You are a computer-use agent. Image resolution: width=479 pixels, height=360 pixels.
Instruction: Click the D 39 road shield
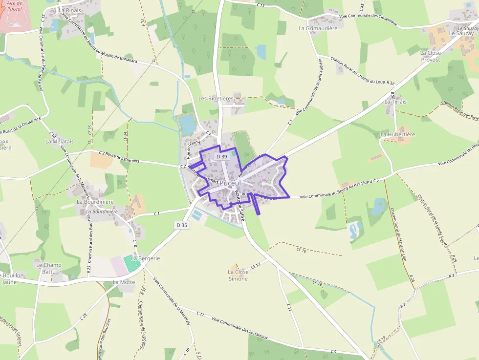point(221,156)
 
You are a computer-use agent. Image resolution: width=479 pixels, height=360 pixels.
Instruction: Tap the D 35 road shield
point(181,225)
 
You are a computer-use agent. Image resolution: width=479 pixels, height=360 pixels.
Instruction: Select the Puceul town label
point(230,183)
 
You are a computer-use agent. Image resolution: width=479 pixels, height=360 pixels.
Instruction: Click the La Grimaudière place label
point(318,28)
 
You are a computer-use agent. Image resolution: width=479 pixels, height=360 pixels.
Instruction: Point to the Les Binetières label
point(216,98)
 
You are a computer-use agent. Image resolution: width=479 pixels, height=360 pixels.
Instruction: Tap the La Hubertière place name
point(397,134)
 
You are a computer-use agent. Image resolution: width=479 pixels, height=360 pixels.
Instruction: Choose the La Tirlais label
point(395,102)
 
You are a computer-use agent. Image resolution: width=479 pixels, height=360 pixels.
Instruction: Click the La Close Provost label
point(430,56)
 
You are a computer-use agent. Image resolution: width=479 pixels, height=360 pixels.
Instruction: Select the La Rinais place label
point(70,10)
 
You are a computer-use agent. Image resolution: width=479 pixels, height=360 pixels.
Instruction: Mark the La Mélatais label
point(60,141)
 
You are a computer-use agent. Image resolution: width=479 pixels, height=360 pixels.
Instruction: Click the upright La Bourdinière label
point(95,202)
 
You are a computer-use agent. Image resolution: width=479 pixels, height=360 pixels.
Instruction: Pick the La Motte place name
point(124,282)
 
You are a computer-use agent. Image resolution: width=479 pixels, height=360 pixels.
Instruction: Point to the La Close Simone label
point(238,275)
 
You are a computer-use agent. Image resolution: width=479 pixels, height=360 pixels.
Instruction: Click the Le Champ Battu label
point(49,268)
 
